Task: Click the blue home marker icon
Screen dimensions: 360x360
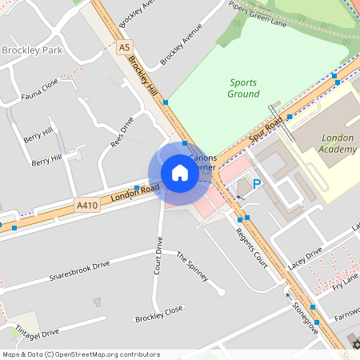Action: point(180,173)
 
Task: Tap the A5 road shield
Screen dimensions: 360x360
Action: point(124,48)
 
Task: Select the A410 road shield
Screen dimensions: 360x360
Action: point(87,205)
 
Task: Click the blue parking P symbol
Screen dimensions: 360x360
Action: point(257,185)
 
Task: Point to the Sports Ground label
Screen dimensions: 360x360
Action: point(244,88)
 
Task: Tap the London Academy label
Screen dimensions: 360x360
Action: point(337,144)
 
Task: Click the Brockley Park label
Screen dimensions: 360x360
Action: point(31,50)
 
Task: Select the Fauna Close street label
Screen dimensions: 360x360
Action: point(40,86)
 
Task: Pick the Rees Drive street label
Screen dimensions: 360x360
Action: point(122,132)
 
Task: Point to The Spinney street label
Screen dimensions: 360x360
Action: point(192,267)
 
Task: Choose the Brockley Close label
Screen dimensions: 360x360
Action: point(158,313)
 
